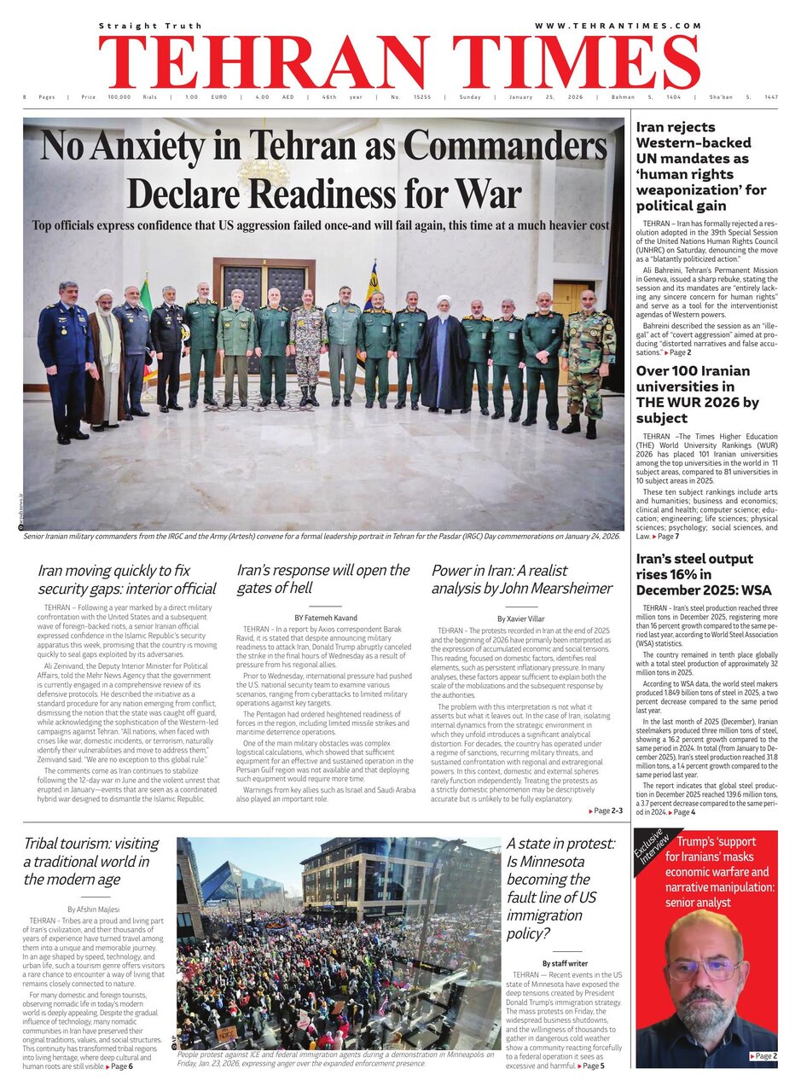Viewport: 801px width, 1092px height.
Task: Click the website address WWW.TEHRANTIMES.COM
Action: coord(618,26)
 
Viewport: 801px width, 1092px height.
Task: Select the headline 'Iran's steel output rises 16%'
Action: coord(704,574)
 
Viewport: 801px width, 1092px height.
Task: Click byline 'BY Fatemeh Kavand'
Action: coord(324,617)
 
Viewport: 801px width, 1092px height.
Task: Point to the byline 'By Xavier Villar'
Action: coord(520,617)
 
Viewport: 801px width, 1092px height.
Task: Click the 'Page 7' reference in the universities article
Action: coord(666,536)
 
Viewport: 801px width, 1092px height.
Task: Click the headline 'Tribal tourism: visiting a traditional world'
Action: coord(90,861)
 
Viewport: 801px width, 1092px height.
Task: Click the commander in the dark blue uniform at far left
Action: coord(65,358)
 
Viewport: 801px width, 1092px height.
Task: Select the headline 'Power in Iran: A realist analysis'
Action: coord(521,578)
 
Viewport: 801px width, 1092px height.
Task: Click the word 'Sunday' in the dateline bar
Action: coord(470,97)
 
